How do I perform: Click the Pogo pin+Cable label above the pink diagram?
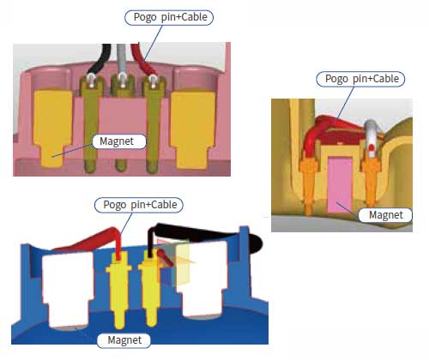tap(169, 17)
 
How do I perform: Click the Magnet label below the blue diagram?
tap(124, 340)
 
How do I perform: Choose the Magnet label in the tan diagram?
tap(385, 215)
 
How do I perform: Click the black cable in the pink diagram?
tap(100, 59)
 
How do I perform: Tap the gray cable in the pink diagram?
tap(122, 60)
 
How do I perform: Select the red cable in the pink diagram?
tap(143, 60)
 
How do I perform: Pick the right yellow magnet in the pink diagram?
tap(192, 129)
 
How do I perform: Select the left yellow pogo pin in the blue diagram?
tap(118, 289)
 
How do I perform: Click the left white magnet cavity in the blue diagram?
tap(68, 290)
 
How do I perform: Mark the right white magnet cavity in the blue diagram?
tap(202, 279)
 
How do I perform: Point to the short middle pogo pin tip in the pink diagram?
tap(121, 166)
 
